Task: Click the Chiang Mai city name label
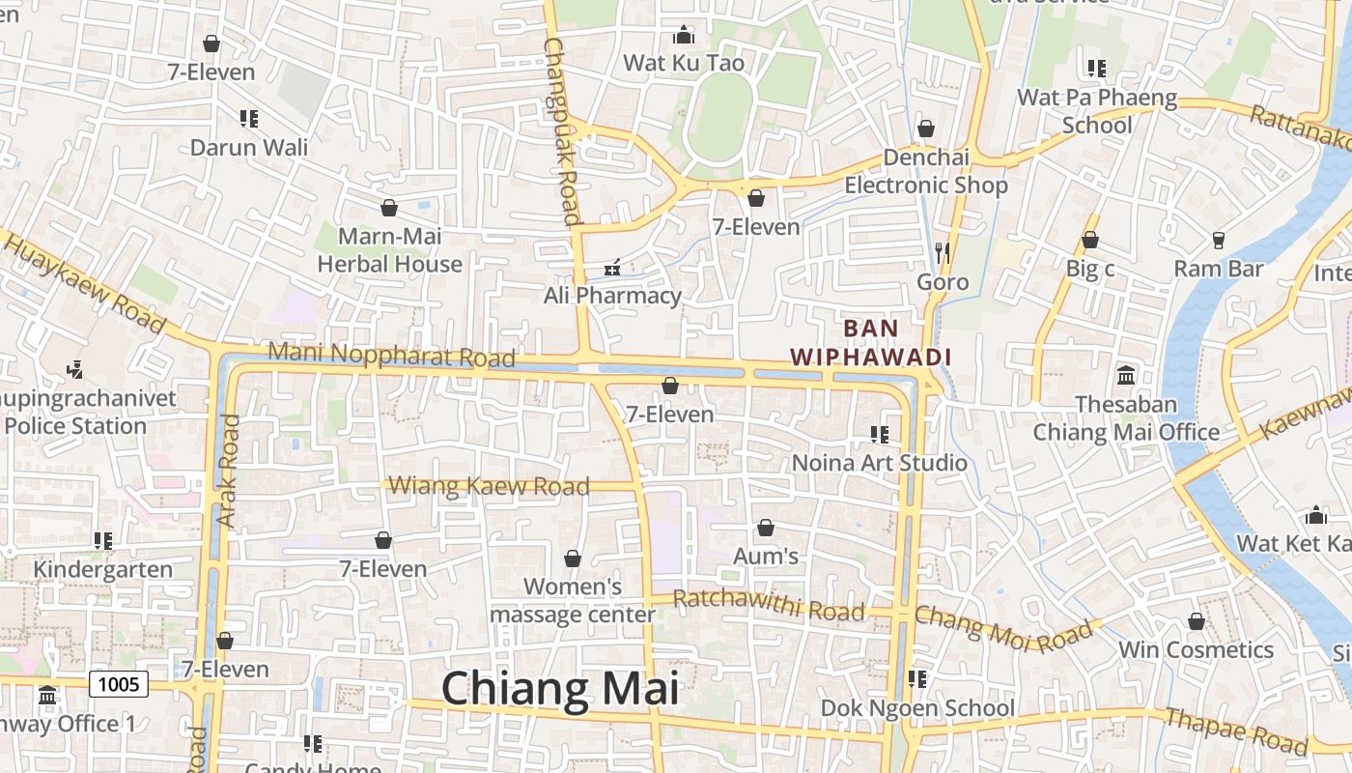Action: click(560, 689)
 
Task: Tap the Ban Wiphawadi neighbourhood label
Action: click(871, 342)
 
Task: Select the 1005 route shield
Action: click(119, 684)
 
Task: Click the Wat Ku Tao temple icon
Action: click(684, 36)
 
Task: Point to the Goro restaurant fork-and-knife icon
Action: click(943, 253)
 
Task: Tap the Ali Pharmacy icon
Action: click(611, 267)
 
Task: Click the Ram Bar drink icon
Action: click(1219, 240)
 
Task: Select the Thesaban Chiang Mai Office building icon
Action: click(1126, 375)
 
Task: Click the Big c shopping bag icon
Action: click(1090, 240)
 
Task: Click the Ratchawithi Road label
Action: click(768, 606)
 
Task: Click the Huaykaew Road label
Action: click(85, 281)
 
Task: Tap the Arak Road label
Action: click(228, 471)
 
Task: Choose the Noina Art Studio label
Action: click(879, 463)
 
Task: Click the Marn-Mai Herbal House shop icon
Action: click(389, 208)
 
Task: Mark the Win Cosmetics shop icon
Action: click(1197, 621)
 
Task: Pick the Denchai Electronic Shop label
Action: click(926, 171)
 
